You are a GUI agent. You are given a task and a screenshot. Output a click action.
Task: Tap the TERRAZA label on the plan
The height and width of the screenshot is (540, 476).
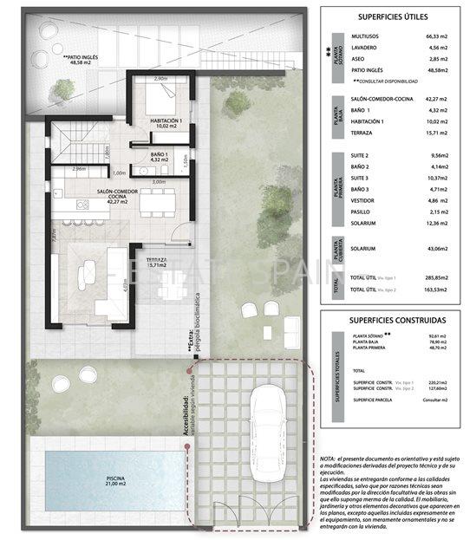(156, 260)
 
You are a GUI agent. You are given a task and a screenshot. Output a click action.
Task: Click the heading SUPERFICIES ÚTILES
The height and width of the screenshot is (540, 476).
(392, 16)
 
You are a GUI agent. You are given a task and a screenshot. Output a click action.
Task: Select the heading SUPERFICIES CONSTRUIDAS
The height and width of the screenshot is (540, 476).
(392, 319)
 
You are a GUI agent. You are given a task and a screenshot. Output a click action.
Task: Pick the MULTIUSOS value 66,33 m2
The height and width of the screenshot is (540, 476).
(440, 36)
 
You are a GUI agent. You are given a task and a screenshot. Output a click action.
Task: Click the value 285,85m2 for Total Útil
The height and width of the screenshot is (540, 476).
(440, 277)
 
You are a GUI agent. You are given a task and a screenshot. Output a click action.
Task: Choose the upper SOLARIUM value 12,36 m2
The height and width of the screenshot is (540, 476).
(440, 224)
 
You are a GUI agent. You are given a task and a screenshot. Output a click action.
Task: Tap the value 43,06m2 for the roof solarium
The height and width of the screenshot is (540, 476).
(440, 249)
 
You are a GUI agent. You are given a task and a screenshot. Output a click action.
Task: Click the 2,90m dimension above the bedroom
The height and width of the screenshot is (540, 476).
(160, 79)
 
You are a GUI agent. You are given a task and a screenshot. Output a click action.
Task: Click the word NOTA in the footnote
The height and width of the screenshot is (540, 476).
(327, 459)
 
